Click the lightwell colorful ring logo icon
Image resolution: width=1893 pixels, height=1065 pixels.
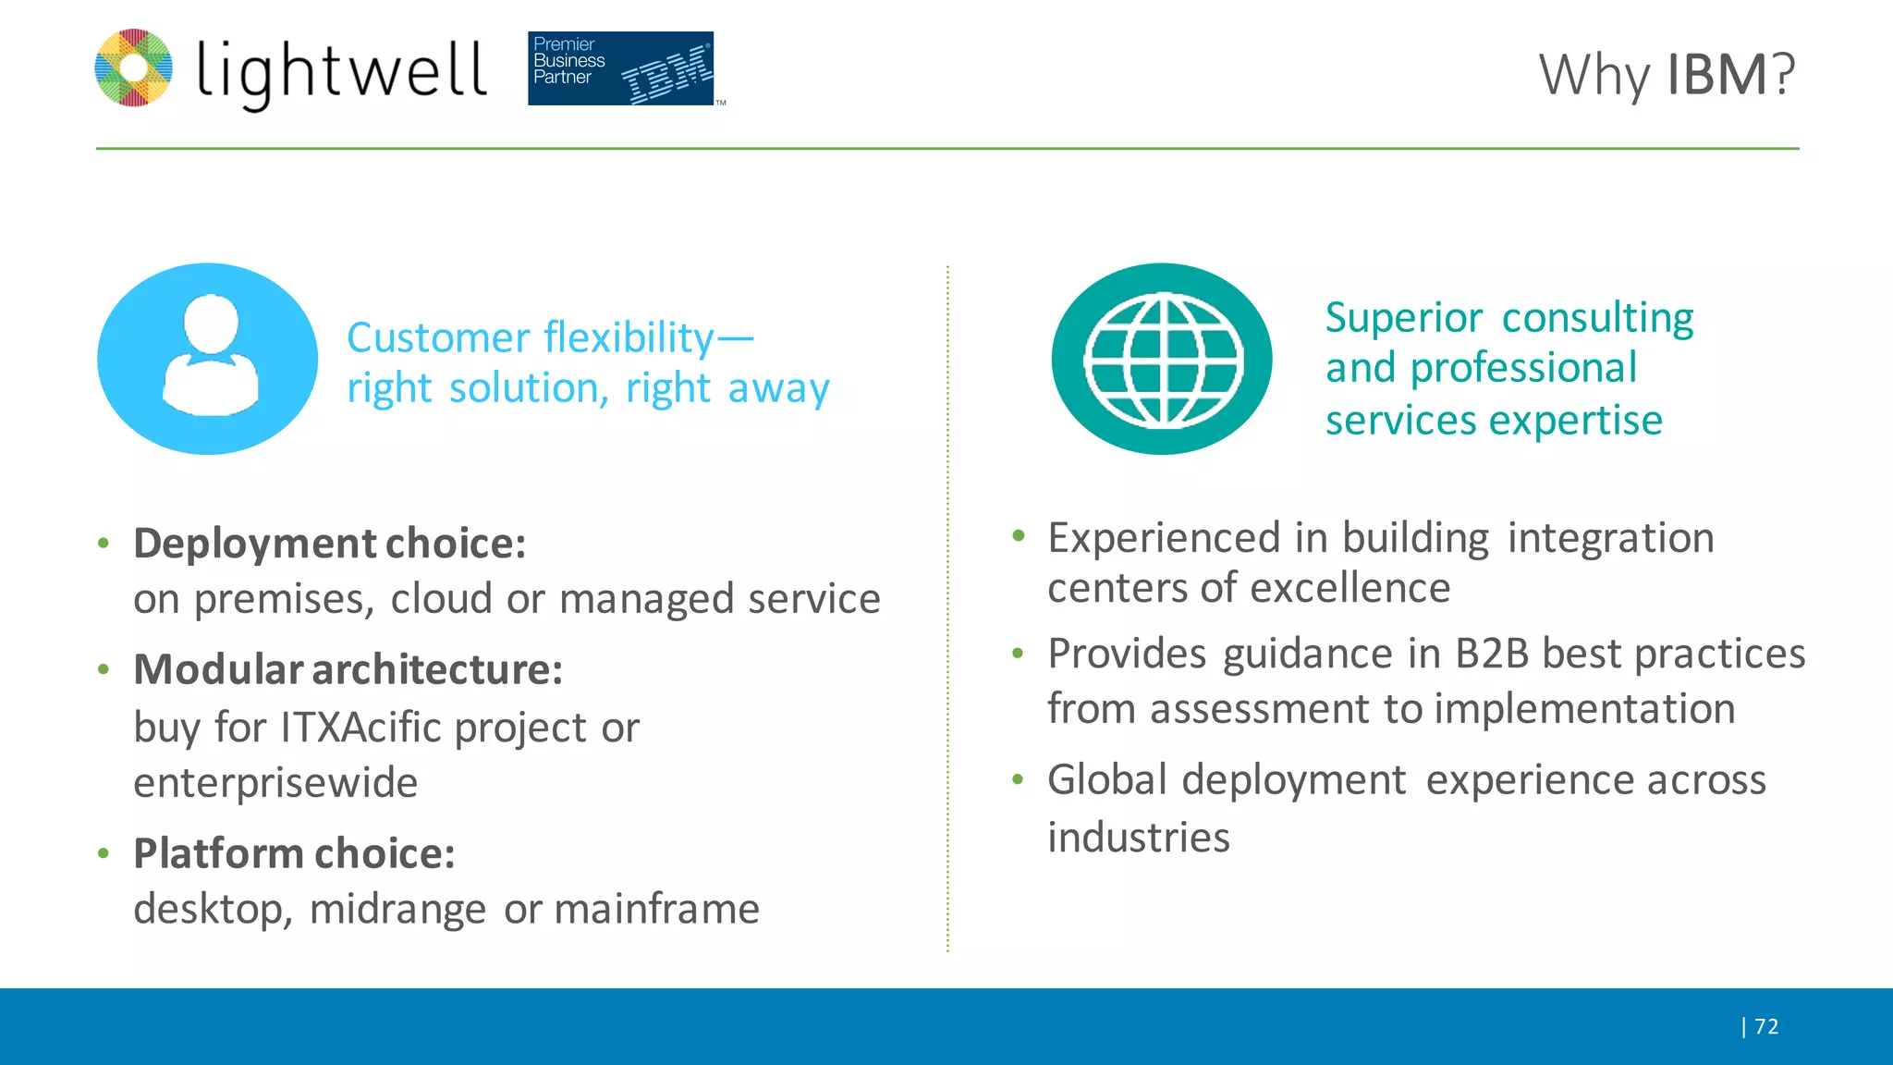pos(134,67)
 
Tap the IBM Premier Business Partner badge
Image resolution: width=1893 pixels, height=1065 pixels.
pos(620,68)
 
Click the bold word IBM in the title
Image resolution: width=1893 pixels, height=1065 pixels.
pos(1717,75)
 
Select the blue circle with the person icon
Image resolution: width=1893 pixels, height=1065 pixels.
pos(208,359)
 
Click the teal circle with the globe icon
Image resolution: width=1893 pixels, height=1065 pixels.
pos(1162,359)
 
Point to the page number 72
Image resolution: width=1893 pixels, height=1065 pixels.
pos(1766,1026)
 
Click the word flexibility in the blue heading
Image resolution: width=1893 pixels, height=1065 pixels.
pos(629,338)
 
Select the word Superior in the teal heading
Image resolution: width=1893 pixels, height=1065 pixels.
pos(1403,318)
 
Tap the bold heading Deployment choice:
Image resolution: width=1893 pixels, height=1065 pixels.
pos(330,544)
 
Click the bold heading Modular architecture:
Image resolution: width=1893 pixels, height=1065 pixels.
pos(348,669)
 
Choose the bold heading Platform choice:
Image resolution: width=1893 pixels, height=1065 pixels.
pos(294,853)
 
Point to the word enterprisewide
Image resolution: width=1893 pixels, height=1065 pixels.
pos(275,783)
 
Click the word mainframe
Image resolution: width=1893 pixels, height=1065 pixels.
pos(656,909)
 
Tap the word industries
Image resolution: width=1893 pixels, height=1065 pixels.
pos(1138,838)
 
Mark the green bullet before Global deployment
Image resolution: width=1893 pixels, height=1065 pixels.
pos(1018,779)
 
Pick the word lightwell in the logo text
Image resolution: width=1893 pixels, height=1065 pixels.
pos(341,72)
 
